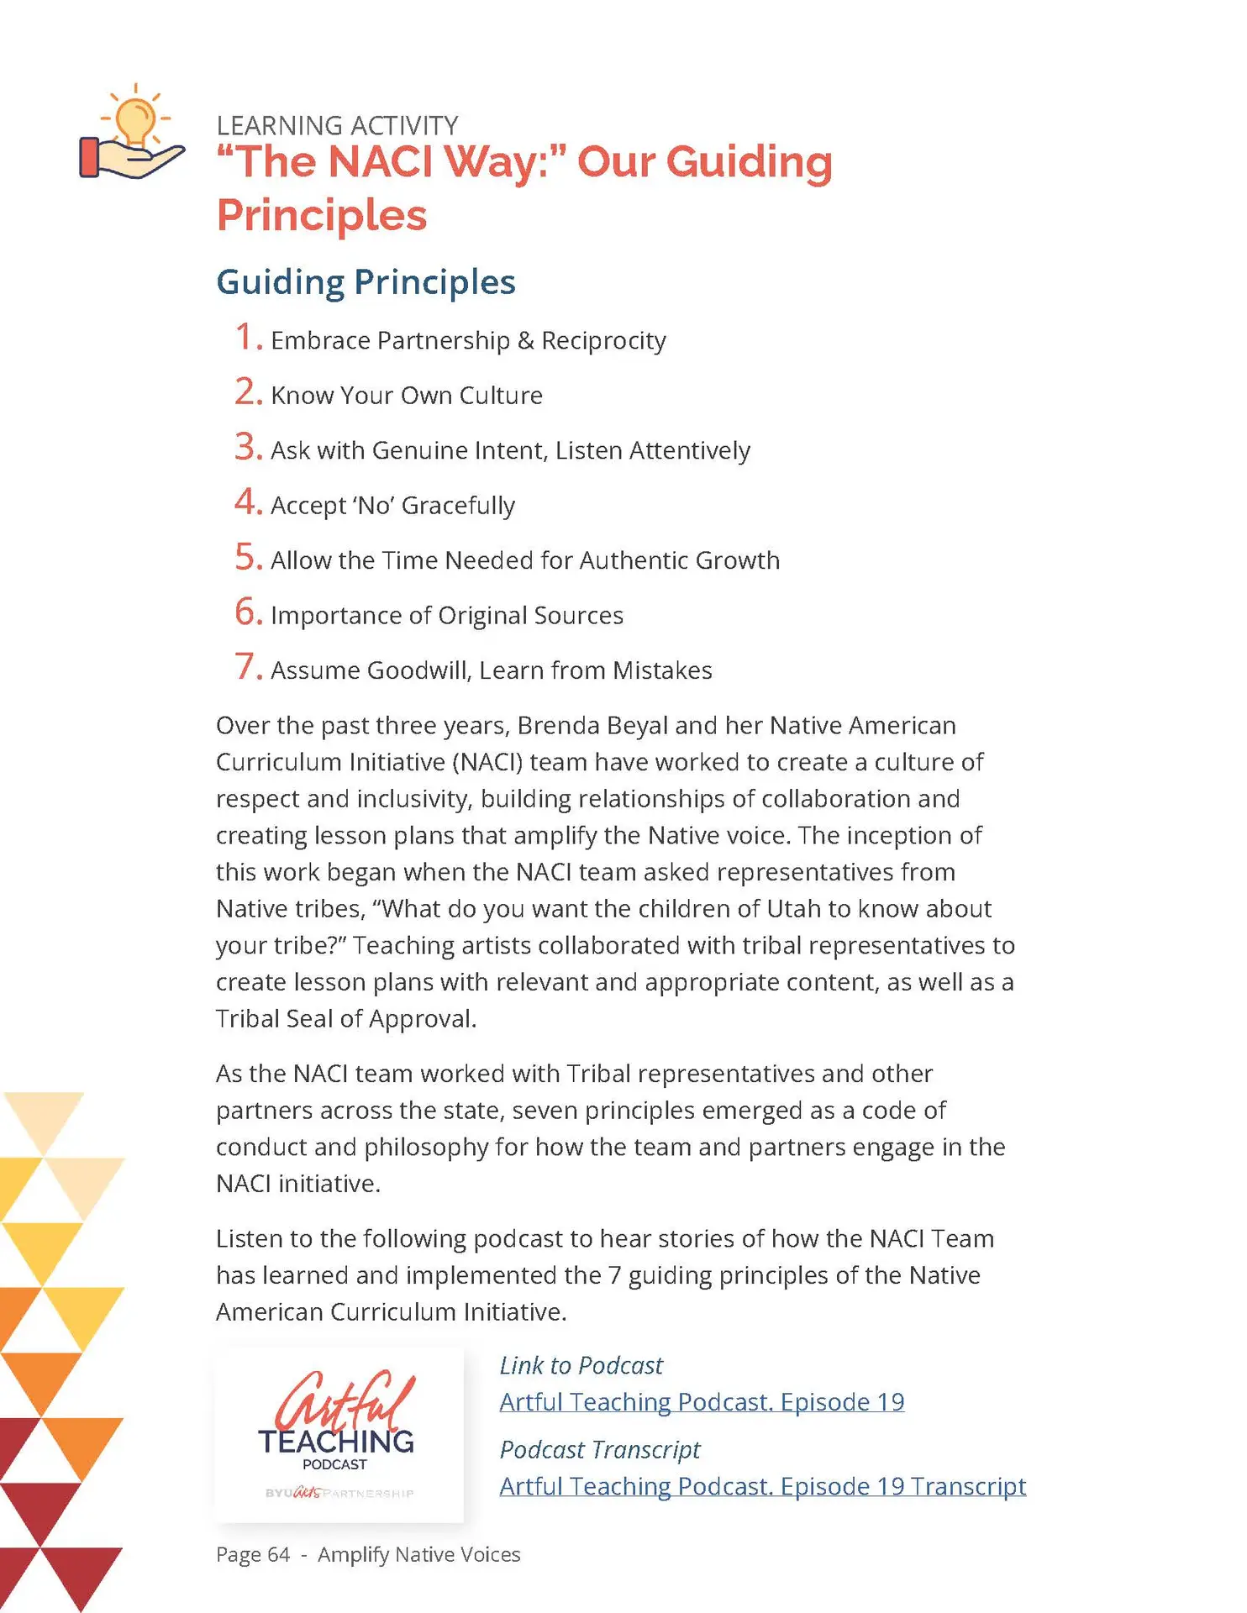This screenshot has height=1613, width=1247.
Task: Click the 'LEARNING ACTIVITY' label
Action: point(337,125)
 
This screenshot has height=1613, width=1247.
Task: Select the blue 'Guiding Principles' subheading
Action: point(366,281)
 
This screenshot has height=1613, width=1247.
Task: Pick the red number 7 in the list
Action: point(248,667)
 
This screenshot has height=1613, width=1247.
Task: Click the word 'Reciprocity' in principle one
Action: point(603,340)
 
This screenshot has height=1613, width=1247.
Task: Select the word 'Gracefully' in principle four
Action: point(458,505)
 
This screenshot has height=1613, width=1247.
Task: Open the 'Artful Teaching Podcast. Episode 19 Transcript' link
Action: point(762,1486)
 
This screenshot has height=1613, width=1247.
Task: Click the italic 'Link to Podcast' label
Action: point(581,1365)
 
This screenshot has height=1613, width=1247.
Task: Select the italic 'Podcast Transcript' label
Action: point(599,1449)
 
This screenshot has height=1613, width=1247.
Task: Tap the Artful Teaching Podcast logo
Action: point(339,1435)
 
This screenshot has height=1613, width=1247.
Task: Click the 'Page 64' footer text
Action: point(252,1554)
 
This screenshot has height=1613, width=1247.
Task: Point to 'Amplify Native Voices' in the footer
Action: point(418,1554)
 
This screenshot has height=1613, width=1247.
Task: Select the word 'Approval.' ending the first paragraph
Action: point(422,1018)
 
